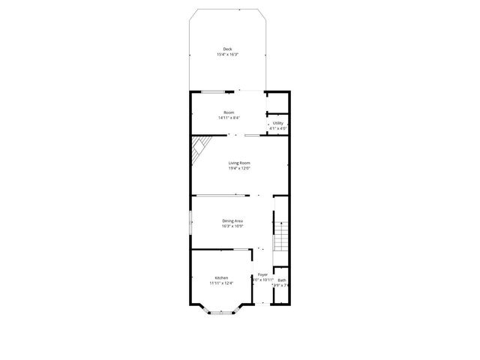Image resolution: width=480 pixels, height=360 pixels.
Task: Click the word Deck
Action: click(227, 49)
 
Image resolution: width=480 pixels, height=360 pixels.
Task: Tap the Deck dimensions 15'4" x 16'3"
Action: click(228, 54)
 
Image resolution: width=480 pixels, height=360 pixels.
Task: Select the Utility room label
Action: click(277, 123)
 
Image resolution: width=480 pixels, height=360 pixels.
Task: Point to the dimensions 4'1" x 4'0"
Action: click(277, 128)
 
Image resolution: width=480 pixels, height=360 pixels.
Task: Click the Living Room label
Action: click(239, 163)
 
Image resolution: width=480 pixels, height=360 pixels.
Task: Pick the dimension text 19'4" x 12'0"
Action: click(239, 168)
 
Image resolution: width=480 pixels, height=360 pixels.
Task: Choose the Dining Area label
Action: click(232, 220)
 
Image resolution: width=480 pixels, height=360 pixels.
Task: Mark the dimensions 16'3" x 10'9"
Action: click(232, 226)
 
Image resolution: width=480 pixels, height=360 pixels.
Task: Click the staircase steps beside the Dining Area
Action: click(280, 232)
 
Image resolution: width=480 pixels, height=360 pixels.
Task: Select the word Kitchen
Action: click(221, 277)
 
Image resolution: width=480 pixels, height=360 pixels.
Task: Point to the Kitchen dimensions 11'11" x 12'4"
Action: click(221, 283)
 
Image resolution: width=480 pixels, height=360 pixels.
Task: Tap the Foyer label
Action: click(262, 274)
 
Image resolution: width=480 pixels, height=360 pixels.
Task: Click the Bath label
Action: click(281, 280)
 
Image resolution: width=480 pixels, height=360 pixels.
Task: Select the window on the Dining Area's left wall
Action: click(190, 222)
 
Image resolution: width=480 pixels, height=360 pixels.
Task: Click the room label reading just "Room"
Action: click(228, 112)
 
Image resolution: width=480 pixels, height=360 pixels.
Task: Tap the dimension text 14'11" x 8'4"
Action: click(229, 118)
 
